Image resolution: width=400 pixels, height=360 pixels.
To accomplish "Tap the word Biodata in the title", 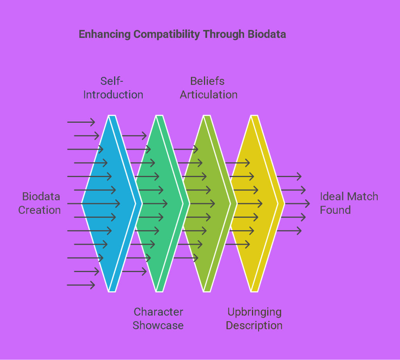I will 267,34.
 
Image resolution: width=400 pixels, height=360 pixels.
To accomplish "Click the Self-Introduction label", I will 113,88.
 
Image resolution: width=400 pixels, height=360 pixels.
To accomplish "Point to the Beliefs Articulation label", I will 209,88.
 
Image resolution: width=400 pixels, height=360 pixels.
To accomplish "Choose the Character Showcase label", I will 158,319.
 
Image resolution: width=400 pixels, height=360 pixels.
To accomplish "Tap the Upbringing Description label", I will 254,319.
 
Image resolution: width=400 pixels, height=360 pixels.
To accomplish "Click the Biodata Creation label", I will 40,203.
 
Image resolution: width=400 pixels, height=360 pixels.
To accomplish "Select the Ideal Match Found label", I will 349,203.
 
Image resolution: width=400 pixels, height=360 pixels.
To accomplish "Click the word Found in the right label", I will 335,210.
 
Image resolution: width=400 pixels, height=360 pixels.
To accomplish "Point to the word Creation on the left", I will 40,210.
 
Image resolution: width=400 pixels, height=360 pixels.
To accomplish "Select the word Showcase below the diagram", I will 158,326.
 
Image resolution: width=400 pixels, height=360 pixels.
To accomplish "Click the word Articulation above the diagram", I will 209,95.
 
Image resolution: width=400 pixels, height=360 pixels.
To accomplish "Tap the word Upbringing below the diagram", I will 254,312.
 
